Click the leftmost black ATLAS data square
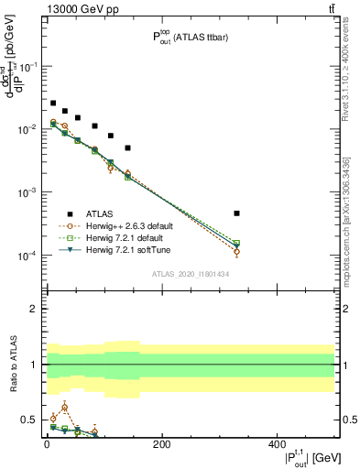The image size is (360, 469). tap(53, 104)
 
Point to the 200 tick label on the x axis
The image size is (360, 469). tap(161, 444)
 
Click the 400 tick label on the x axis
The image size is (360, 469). tap(277, 444)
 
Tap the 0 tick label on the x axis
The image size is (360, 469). tap(47, 444)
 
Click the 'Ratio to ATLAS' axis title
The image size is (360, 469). tap(12, 365)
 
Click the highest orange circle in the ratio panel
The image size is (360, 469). tap(64, 407)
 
